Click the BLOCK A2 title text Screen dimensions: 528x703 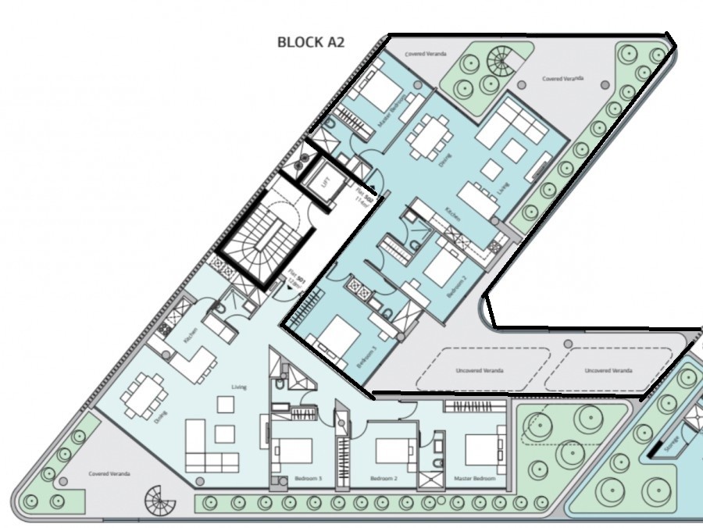tap(311, 42)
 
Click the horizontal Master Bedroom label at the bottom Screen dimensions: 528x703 tap(474, 478)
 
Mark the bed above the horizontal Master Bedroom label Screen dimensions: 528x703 tap(485, 450)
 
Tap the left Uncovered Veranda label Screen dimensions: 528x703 tap(480, 370)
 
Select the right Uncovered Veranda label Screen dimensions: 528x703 tap(608, 370)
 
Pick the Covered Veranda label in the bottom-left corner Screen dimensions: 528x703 tap(109, 473)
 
